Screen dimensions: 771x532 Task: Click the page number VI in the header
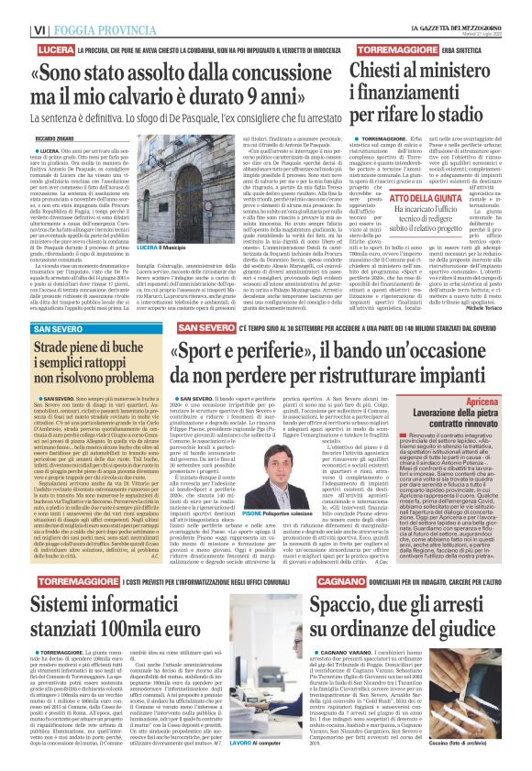tap(15, 8)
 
